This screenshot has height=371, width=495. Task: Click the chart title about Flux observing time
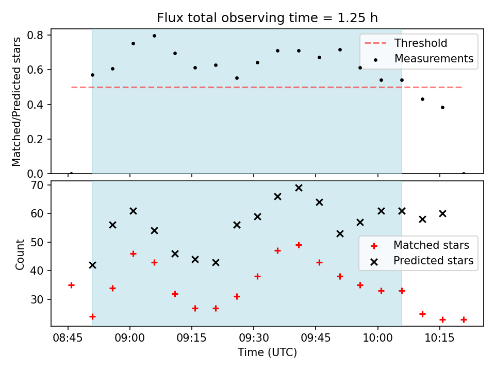point(267,18)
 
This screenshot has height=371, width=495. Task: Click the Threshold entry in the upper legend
point(421,43)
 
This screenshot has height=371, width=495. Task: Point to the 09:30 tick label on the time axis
point(254,338)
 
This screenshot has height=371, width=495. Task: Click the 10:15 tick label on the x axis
point(440,338)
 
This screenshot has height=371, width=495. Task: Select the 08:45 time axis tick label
point(68,338)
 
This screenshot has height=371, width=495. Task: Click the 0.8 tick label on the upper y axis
point(35,35)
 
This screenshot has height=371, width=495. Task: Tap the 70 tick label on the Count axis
point(37,185)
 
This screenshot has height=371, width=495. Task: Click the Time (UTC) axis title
point(267,352)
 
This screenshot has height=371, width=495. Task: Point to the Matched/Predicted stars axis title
point(16,102)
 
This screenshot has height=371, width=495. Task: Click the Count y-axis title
point(20,254)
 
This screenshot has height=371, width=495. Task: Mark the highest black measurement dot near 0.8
point(154,36)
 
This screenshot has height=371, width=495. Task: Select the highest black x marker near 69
point(299,188)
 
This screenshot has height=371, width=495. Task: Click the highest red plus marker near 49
point(299,245)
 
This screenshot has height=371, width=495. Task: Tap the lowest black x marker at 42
point(92,265)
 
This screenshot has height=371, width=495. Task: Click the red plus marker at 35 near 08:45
point(71,285)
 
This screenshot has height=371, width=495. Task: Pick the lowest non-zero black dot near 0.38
point(442,108)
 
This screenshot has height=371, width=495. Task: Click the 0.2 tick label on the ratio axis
point(35,139)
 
